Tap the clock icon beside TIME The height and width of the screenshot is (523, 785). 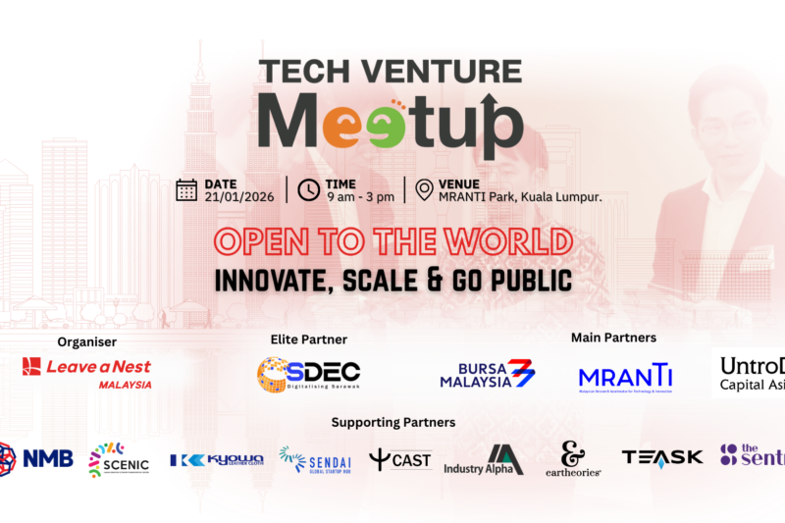coord(309,189)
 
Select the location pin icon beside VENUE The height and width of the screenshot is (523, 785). coord(425,189)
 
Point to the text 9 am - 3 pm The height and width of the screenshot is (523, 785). coord(360,196)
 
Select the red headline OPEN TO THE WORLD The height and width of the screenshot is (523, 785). coord(392,241)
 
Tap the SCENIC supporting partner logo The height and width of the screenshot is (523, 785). coord(119,458)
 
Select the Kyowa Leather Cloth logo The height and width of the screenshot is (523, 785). coord(216,459)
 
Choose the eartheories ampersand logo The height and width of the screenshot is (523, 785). coord(573,458)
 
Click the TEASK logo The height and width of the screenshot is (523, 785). coord(662,457)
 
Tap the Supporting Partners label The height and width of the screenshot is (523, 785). coord(392,423)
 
